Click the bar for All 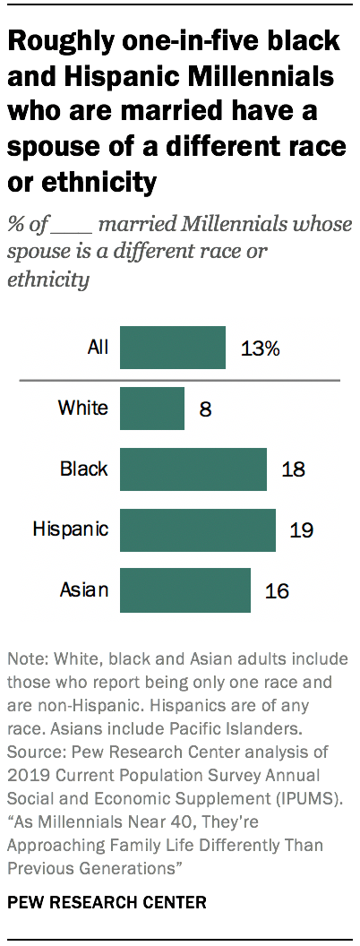click(x=172, y=348)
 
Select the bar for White click(x=151, y=408)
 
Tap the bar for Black click(x=193, y=469)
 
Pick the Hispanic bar click(x=197, y=529)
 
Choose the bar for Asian click(x=184, y=590)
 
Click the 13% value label click(x=261, y=348)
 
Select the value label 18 click(x=293, y=470)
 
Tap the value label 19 click(x=301, y=530)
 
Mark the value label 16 click(x=277, y=591)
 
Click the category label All click(x=98, y=348)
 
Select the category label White click(x=83, y=408)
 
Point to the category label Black click(x=84, y=469)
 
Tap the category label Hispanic click(x=71, y=529)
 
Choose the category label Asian click(x=84, y=590)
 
